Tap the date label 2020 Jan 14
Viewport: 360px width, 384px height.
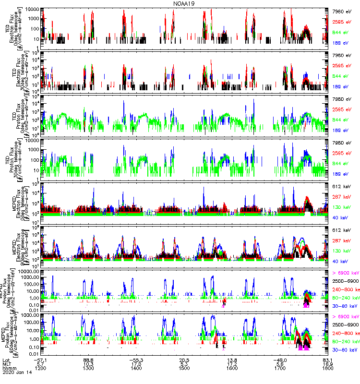click(15, 372)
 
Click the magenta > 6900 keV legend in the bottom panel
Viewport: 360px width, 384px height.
click(345, 317)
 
